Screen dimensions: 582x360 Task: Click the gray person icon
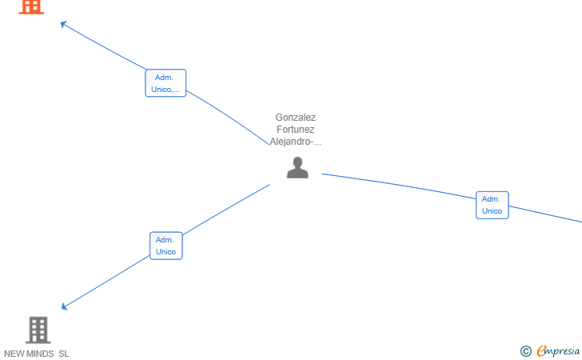[x=297, y=167]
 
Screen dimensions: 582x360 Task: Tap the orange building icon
[x=31, y=7]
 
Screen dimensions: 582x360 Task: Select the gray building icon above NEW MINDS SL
[x=38, y=330]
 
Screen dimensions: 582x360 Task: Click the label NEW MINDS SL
[x=37, y=354]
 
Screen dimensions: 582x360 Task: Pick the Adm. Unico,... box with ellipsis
[x=165, y=83]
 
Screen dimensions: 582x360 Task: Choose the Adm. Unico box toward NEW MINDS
[x=166, y=246]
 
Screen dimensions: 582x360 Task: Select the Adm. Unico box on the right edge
[x=492, y=205]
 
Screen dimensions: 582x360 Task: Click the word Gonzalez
[x=296, y=118]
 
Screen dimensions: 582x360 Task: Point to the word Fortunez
[x=296, y=130]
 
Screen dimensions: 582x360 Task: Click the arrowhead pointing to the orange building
[x=63, y=24]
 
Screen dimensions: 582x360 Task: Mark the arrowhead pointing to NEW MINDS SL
[x=64, y=306]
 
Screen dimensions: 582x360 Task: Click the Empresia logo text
[x=558, y=350]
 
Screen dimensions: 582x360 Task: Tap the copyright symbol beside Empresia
[x=525, y=351]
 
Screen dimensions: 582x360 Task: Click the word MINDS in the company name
[x=40, y=354]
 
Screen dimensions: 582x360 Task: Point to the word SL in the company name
[x=64, y=354]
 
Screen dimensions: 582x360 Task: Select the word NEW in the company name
[x=14, y=354]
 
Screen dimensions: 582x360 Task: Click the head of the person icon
[x=297, y=162]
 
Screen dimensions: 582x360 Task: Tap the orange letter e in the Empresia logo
[x=541, y=350]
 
